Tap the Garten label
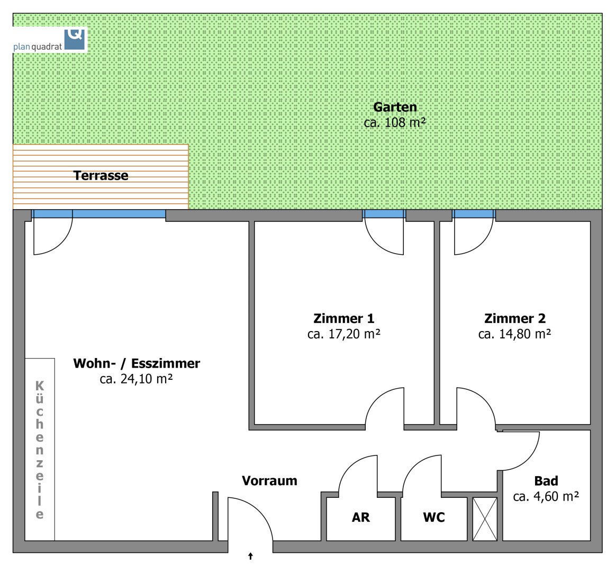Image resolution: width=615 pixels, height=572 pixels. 395,107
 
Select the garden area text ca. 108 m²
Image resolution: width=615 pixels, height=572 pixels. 395,122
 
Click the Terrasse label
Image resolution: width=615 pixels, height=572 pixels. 101,175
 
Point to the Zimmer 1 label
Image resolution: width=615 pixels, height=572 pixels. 343,318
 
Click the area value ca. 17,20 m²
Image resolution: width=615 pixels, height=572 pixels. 343,334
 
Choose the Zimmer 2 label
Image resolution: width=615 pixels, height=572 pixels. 514,318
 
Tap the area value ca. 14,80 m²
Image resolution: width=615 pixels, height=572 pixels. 514,334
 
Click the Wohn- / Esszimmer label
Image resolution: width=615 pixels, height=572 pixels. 137,363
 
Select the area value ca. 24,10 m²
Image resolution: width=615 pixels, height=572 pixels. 136,379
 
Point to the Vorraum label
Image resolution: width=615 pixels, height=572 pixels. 269,481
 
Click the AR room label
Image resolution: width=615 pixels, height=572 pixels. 361,517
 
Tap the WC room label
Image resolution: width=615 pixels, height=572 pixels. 434,517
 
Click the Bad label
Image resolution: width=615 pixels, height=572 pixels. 546,481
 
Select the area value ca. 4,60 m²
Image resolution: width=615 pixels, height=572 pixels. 546,497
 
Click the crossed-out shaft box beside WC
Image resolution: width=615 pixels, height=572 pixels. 485,519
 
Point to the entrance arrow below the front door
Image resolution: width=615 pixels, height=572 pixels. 250,556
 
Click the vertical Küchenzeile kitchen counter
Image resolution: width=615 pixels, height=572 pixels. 40,449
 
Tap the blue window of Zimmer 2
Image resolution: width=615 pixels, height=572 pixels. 474,214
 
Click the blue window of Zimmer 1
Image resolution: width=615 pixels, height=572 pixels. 384,214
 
